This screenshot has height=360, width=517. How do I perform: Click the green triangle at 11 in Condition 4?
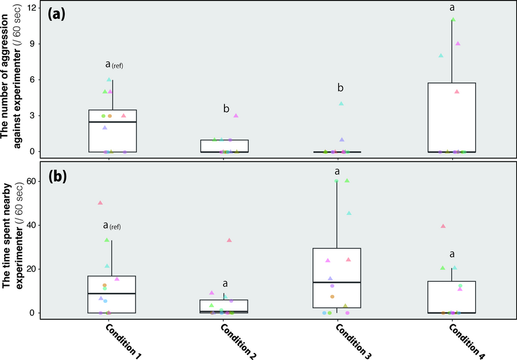pyautogui.click(x=453, y=19)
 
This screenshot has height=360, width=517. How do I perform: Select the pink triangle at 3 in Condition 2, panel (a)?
pyautogui.click(x=236, y=115)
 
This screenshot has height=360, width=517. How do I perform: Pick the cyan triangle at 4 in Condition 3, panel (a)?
pyautogui.click(x=341, y=104)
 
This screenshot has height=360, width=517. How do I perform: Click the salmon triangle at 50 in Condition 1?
pyautogui.click(x=100, y=203)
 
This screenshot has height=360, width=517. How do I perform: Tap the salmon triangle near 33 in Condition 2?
pyautogui.click(x=229, y=240)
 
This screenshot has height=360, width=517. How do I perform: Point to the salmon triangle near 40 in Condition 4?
pyautogui.click(x=443, y=226)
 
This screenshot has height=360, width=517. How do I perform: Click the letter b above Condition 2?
pyautogui.click(x=226, y=109)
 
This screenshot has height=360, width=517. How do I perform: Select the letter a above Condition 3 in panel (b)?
pyautogui.click(x=337, y=171)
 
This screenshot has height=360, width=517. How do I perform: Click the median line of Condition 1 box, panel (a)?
pyautogui.click(x=113, y=122)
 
